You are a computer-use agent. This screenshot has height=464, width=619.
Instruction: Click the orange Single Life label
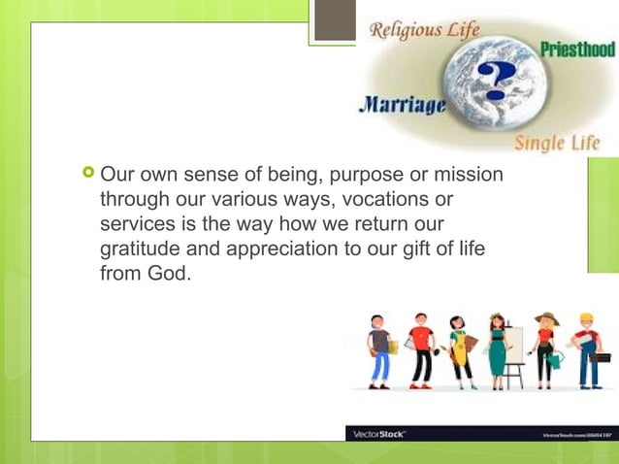[x=556, y=143]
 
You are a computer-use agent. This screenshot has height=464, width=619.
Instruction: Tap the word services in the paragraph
[x=137, y=224]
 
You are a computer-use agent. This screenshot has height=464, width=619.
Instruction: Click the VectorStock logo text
[x=378, y=434]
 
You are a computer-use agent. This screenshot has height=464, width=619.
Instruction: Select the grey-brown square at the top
[x=335, y=20]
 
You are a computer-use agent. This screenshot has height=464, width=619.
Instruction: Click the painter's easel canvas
[x=514, y=340]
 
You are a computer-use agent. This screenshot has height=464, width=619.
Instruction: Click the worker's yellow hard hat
[x=586, y=317]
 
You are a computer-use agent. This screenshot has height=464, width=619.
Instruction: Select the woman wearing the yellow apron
[x=458, y=349]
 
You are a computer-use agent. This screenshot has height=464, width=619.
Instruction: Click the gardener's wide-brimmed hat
[x=545, y=317]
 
